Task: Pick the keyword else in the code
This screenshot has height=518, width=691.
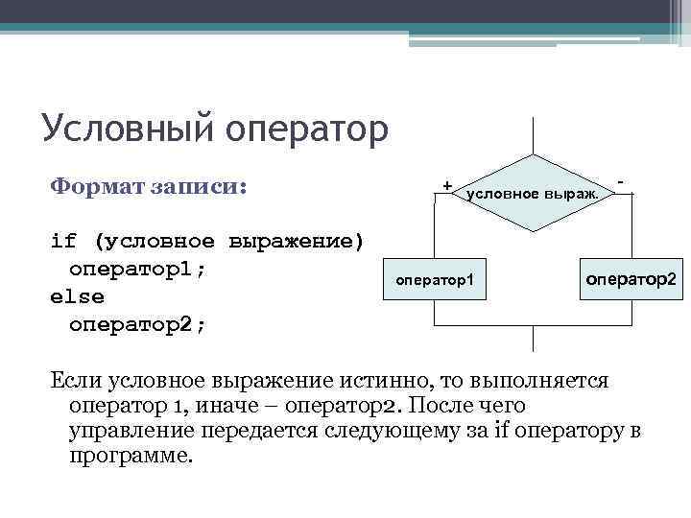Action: click(77, 296)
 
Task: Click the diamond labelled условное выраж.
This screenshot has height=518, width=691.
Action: click(533, 193)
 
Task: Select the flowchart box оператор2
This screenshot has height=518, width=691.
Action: click(631, 278)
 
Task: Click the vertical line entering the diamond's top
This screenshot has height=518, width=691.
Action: click(533, 134)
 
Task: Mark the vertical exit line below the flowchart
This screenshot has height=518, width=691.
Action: click(533, 341)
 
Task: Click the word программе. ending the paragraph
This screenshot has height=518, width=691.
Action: click(131, 456)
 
